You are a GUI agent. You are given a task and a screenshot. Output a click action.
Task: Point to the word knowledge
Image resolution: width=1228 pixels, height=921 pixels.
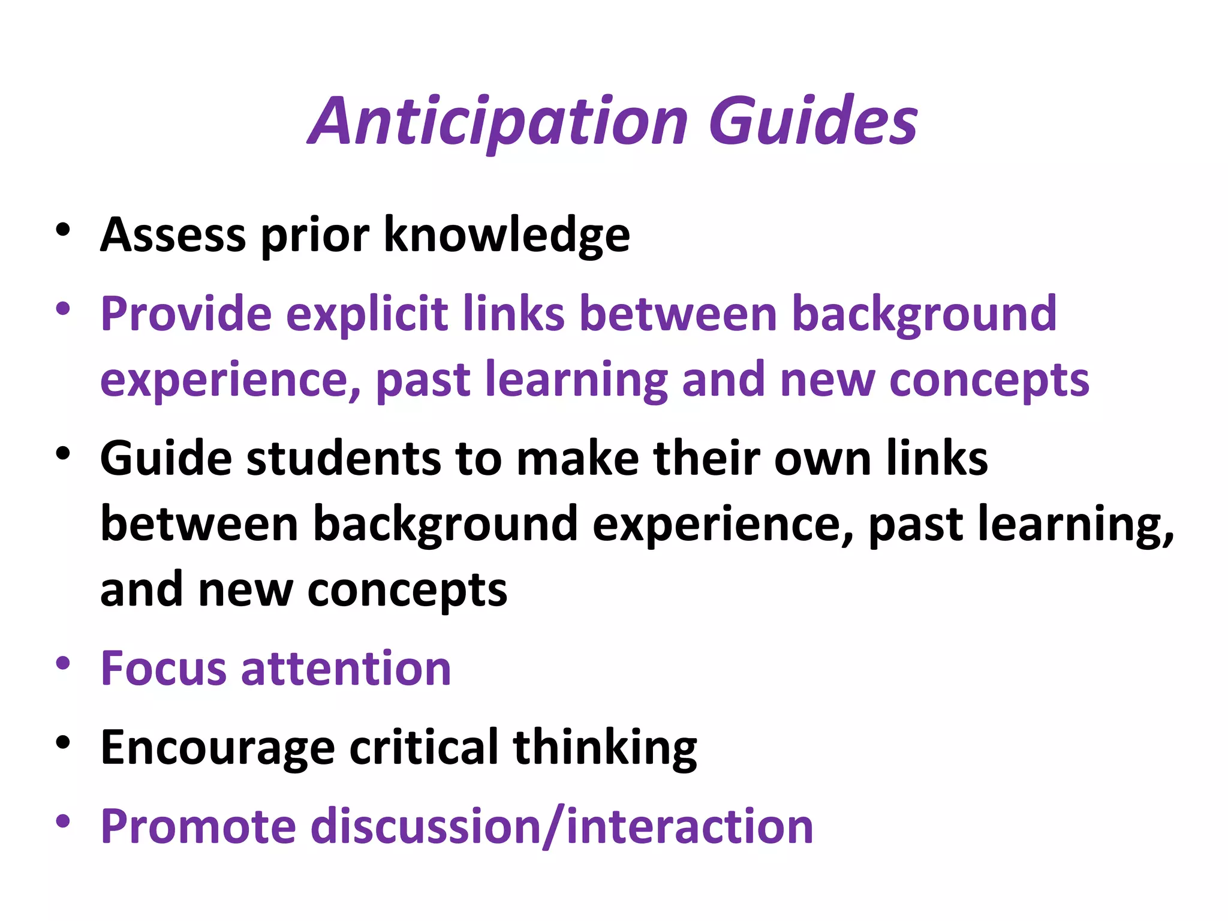(507, 234)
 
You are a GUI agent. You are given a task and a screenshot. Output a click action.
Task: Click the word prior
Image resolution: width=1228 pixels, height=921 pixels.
(315, 234)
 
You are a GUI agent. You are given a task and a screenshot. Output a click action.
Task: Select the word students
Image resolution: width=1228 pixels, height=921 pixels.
(344, 459)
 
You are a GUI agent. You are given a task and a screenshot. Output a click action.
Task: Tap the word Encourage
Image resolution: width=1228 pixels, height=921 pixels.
(218, 748)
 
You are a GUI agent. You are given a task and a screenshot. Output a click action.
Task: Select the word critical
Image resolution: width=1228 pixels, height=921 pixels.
(424, 748)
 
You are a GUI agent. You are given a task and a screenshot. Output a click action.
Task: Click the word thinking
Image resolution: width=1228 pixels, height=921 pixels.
(605, 748)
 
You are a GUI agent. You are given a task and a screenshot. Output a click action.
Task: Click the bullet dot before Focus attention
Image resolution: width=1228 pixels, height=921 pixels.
(63, 664)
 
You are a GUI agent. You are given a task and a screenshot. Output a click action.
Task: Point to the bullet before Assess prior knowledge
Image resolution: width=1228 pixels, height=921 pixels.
(63, 230)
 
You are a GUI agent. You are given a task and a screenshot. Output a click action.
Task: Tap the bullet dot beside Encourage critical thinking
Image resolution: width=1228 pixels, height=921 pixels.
(63, 743)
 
